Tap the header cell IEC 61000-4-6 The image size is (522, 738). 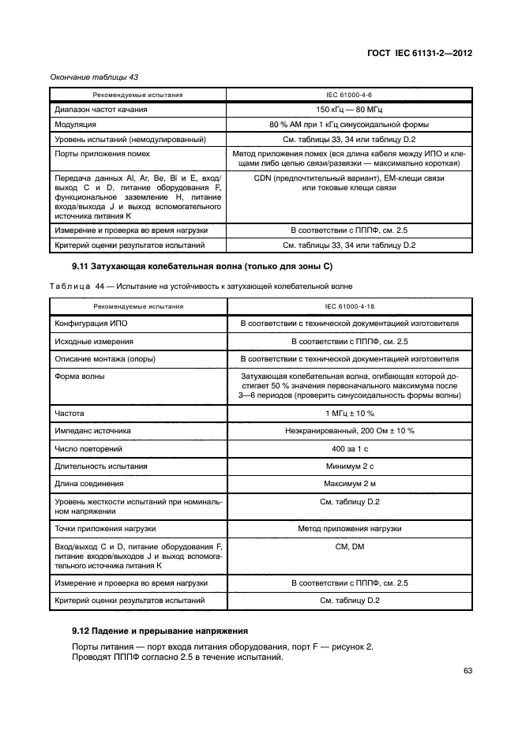(x=349, y=95)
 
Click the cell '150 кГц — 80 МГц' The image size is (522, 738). (x=349, y=110)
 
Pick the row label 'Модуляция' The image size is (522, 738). (x=76, y=125)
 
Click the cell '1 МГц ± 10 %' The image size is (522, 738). (x=349, y=413)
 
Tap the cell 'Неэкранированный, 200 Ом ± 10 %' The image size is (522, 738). (x=349, y=431)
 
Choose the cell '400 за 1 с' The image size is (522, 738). (x=349, y=448)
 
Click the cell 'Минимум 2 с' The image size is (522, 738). (x=349, y=466)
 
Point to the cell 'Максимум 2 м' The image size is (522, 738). (x=349, y=483)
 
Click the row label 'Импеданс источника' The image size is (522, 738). (x=92, y=431)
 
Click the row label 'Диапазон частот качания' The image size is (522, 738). (x=101, y=110)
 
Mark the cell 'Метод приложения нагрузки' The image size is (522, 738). (x=349, y=527)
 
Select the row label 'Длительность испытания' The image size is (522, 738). (x=101, y=466)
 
